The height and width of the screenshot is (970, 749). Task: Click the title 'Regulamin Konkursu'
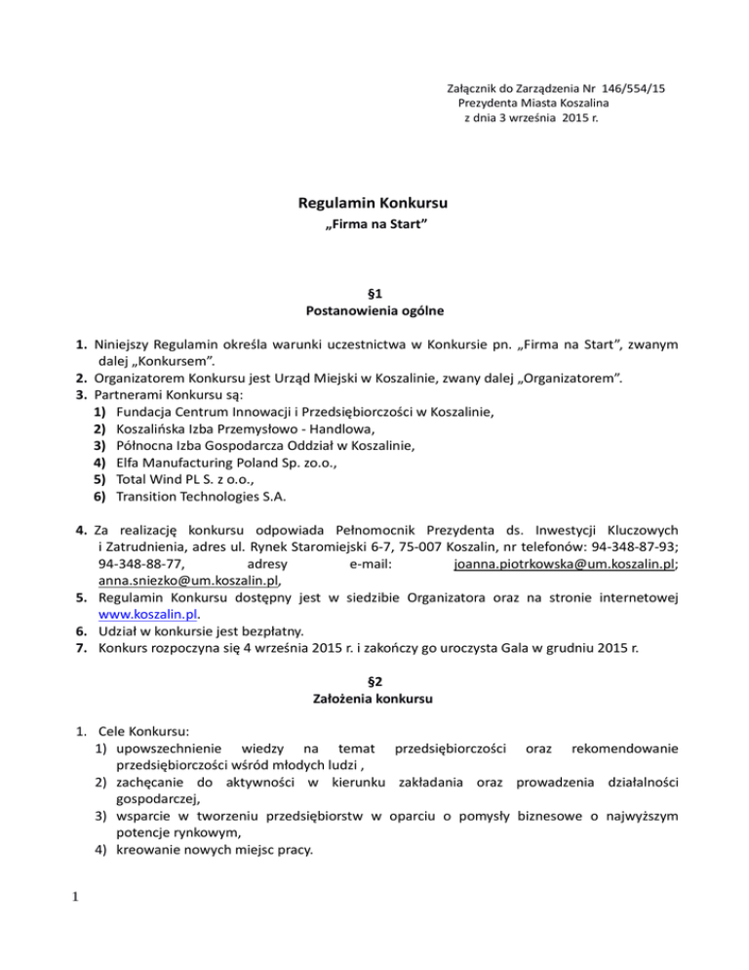coord(374,206)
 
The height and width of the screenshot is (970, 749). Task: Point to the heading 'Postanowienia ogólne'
coord(374,311)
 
